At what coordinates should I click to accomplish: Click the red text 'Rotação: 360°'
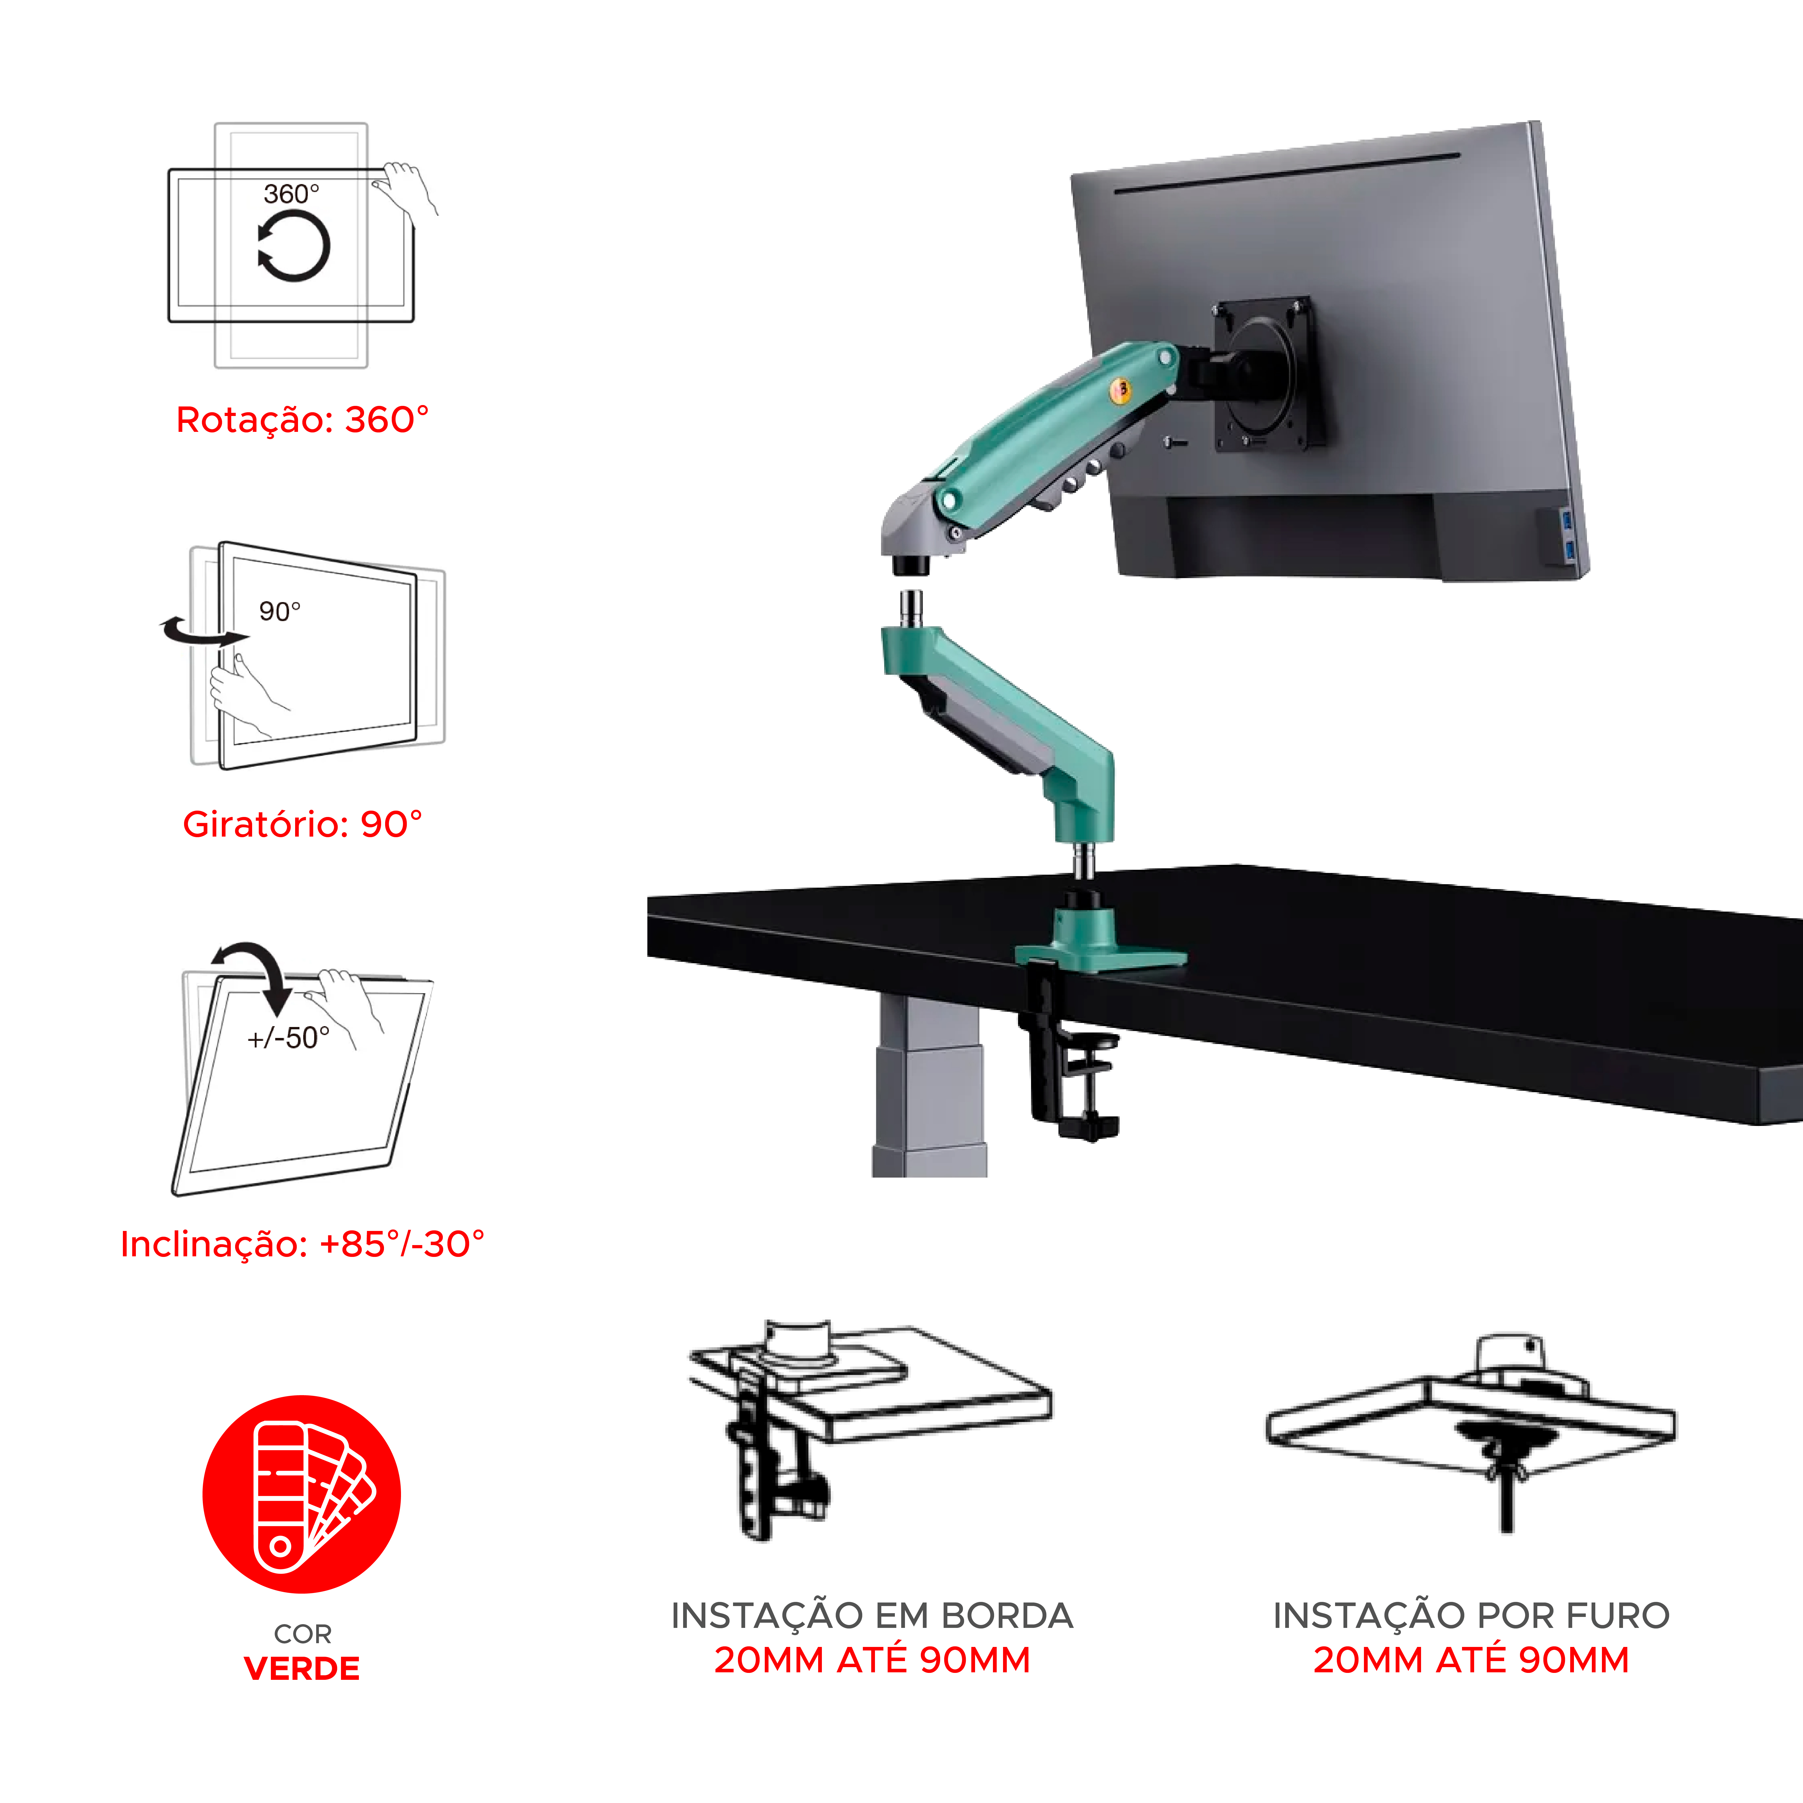tap(302, 420)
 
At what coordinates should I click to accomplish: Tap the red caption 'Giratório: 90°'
tap(302, 824)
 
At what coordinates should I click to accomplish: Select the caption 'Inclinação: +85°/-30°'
tap(302, 1244)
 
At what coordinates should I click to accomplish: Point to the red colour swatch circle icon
tap(301, 1494)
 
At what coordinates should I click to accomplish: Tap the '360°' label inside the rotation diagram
tap(291, 194)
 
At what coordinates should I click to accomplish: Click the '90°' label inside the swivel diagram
tap(280, 611)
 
